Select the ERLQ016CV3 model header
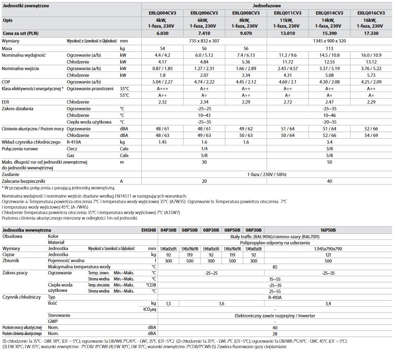click(371, 13)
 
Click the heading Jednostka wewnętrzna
click(26, 230)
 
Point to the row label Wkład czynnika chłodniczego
click(31, 141)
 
